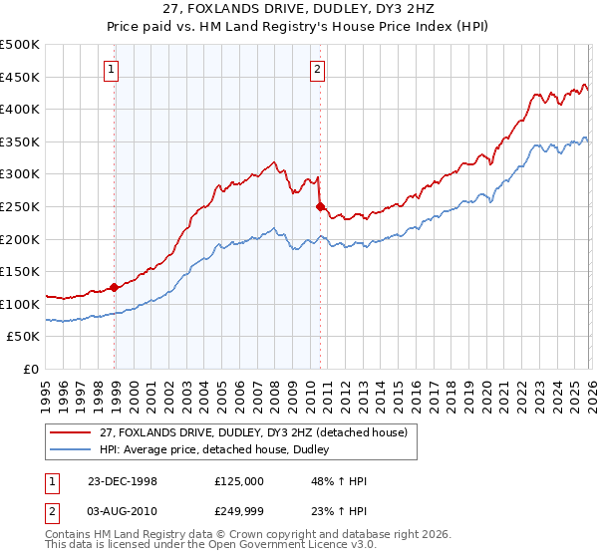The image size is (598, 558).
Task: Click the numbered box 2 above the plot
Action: point(317,69)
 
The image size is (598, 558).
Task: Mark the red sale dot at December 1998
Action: point(115,287)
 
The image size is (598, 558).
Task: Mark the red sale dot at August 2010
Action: point(320,206)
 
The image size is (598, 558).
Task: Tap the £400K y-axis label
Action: point(21,109)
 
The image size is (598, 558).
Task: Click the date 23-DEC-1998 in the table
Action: point(123,480)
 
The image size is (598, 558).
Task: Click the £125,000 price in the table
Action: point(238,480)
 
